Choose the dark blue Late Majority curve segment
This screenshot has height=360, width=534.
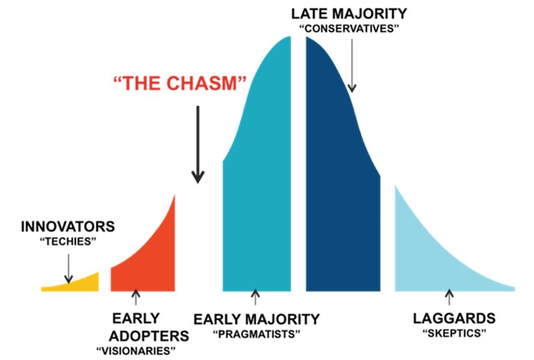click(340, 181)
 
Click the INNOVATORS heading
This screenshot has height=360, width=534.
click(68, 227)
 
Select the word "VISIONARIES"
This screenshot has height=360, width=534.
click(143, 349)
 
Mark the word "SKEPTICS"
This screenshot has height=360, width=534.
click(454, 334)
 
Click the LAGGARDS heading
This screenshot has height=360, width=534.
click(454, 319)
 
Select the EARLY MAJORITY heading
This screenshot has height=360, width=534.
click(256, 319)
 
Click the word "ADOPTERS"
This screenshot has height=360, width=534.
click(149, 335)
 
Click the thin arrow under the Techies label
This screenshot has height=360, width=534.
click(68, 267)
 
